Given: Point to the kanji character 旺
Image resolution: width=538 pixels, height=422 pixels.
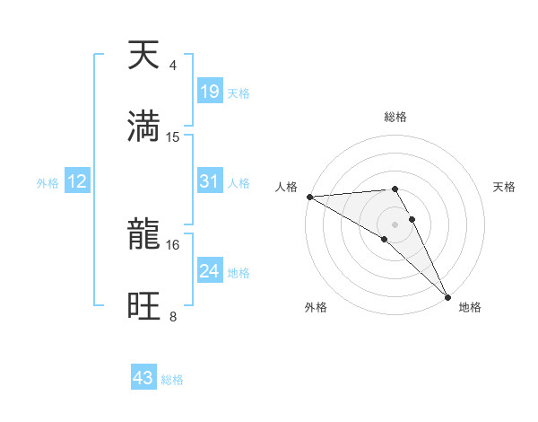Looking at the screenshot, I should click(143, 305).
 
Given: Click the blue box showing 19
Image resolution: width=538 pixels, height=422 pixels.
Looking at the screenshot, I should click(209, 92).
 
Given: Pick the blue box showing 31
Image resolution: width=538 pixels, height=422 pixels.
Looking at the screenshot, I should click(209, 181).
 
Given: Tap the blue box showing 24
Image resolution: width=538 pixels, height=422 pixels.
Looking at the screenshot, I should click(209, 271).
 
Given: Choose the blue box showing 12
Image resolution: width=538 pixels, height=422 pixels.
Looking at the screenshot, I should click(77, 181).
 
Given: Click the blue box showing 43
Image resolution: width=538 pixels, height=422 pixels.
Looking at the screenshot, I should click(143, 378).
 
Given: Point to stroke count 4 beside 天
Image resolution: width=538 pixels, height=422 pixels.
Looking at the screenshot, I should click(172, 66).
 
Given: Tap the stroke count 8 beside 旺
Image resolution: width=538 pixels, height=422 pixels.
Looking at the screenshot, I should click(172, 316).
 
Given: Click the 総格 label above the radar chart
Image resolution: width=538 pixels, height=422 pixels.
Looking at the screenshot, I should click(395, 117).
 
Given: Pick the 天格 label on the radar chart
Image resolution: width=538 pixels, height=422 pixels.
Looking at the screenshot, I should click(504, 187).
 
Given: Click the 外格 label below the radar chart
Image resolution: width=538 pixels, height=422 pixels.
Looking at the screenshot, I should click(316, 307).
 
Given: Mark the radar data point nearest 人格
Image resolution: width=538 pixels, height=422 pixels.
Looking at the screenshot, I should click(308, 197).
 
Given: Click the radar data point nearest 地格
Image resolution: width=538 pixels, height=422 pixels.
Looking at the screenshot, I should click(448, 295).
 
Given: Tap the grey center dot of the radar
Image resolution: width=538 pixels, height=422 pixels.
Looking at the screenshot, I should click(395, 224).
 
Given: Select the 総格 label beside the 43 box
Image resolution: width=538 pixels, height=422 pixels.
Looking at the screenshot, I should click(172, 380).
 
